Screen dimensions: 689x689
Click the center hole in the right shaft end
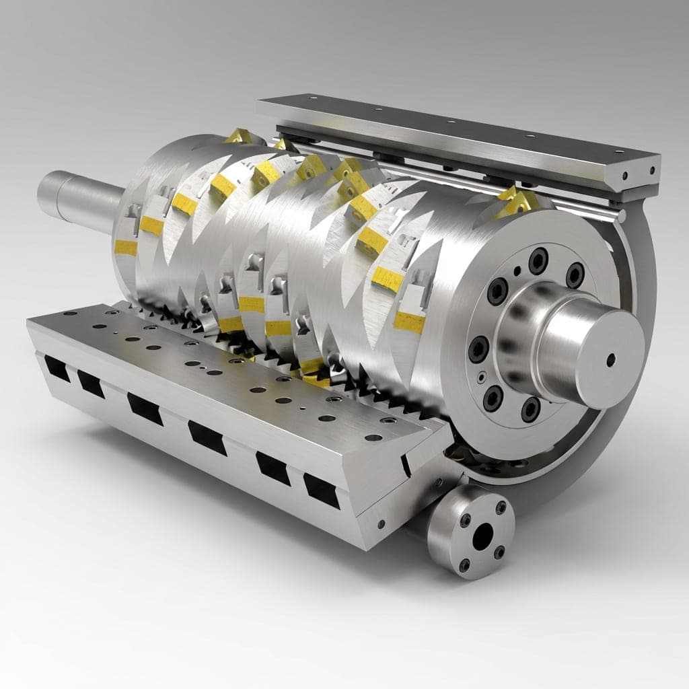610,360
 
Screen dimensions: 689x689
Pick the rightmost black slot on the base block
321,491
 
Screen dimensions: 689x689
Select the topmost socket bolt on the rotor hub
538,260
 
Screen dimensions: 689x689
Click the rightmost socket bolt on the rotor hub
575,275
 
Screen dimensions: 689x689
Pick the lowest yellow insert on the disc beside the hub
409,322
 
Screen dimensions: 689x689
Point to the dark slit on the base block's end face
406,464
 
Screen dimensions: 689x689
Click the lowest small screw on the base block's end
382,523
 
